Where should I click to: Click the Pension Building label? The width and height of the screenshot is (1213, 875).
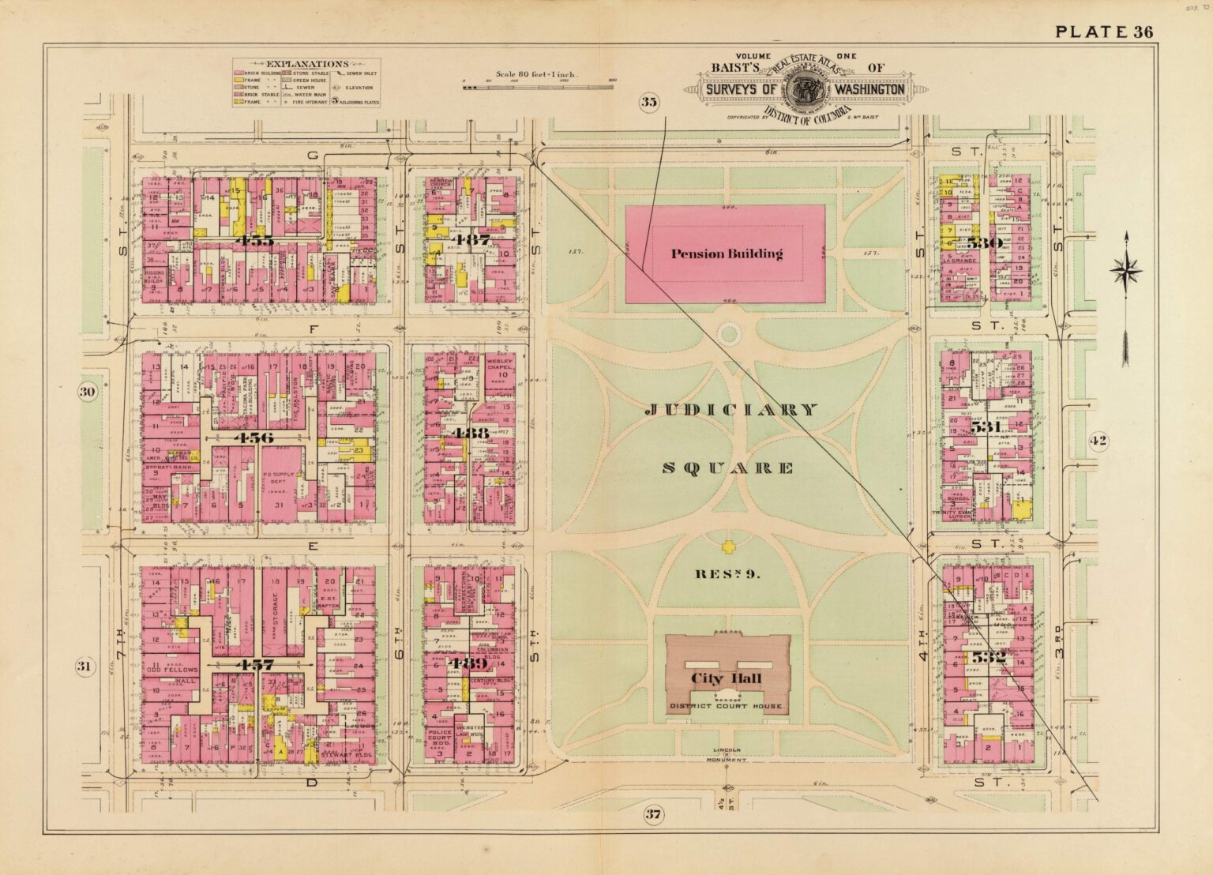[x=727, y=253]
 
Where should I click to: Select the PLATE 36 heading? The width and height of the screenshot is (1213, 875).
[x=1104, y=32]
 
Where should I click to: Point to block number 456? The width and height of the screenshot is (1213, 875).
[x=247, y=437]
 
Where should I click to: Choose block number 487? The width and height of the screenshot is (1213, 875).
[x=471, y=238]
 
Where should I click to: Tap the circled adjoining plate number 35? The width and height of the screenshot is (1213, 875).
[x=648, y=101]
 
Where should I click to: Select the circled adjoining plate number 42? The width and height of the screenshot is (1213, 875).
[x=1098, y=441]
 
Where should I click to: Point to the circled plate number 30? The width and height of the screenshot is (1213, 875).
[x=88, y=392]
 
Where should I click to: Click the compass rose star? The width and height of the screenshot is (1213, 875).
[x=1125, y=272]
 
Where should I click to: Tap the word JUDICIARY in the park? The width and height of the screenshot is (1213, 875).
[x=731, y=410]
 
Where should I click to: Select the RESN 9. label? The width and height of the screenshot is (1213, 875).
[x=727, y=574]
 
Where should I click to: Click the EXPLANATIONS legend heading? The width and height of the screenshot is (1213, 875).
[x=306, y=64]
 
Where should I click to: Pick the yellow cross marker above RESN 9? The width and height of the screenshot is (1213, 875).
[x=727, y=546]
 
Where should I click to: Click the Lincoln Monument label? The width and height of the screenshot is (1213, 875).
[x=727, y=754]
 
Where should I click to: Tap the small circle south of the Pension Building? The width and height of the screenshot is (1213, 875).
[x=729, y=334]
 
